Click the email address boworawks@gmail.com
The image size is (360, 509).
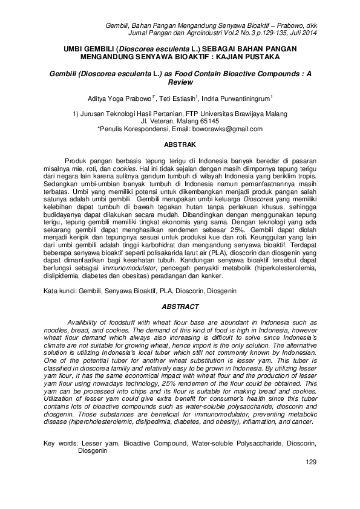[227, 129]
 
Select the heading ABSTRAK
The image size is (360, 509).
[180, 145]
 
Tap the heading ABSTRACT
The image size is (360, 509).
[180, 306]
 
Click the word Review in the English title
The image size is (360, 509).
[180, 80]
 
